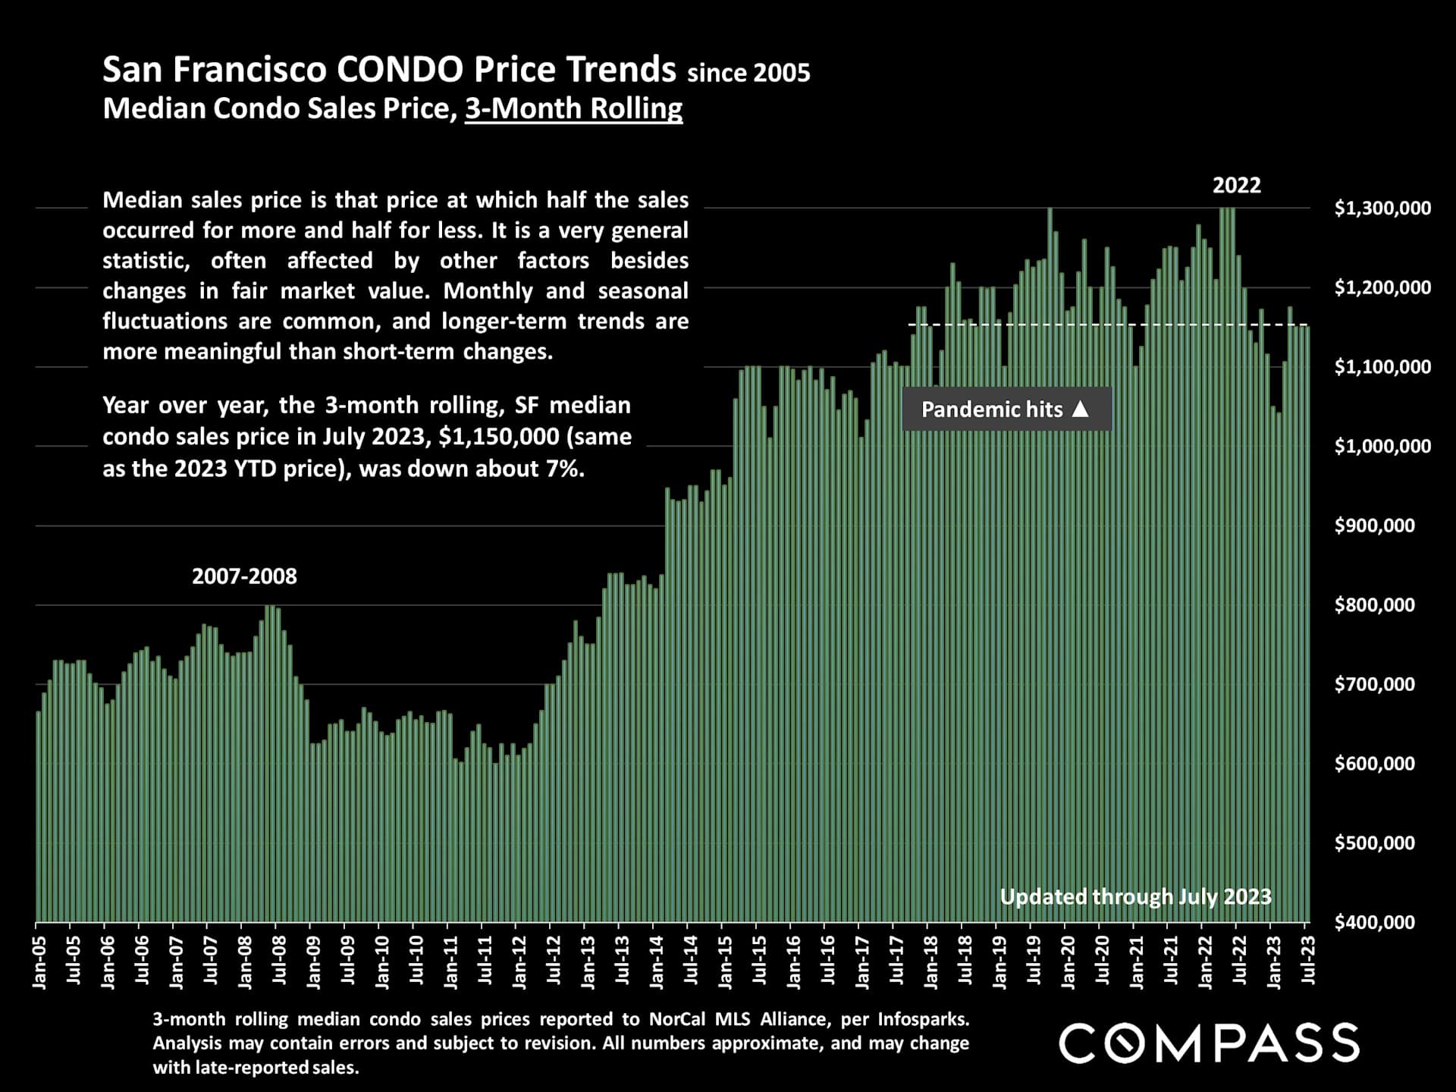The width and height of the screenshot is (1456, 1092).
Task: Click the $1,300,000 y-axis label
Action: tap(1382, 208)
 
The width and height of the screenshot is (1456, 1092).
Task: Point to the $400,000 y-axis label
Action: tap(1374, 922)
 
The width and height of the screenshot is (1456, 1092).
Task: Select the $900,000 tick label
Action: tap(1374, 526)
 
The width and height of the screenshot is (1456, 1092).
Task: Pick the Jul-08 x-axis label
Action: tap(279, 960)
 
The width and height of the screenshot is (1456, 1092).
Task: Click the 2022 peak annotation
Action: tap(1236, 186)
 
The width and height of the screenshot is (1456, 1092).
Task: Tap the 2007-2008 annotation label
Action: tap(244, 576)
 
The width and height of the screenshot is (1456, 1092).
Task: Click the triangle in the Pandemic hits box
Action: tap(1081, 409)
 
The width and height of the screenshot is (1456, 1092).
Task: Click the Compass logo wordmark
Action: tap(1209, 1043)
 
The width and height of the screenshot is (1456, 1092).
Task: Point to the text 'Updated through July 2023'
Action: tap(1135, 897)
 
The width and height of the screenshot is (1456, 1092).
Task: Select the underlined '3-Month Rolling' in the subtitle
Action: tap(573, 108)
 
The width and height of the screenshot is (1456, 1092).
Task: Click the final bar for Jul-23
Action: tap(1307, 622)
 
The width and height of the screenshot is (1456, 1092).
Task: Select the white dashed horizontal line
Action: tap(1100, 325)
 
